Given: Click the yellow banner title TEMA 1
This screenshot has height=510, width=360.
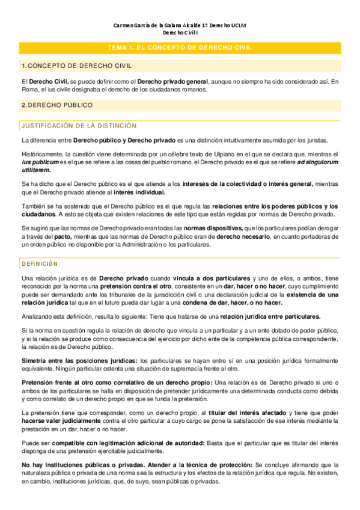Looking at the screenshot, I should [x=179, y=48].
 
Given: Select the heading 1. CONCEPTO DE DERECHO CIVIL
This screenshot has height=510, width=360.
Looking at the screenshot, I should [x=76, y=66].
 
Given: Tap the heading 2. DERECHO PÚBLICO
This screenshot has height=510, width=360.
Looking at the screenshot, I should [x=57, y=105].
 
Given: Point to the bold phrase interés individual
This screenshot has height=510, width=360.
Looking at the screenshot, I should [x=140, y=192].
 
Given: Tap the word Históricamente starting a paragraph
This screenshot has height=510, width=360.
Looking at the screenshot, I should [x=42, y=155].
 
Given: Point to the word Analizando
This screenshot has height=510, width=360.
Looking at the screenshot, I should [x=37, y=316].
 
